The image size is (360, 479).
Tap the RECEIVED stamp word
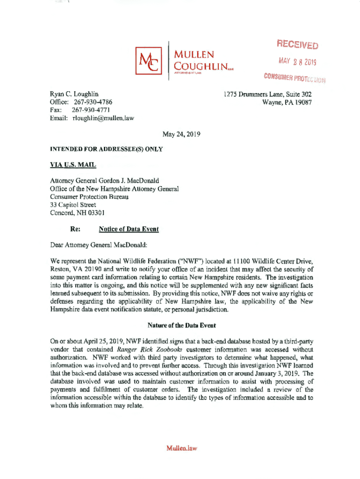[297, 44]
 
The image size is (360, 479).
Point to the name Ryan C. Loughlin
[74, 94]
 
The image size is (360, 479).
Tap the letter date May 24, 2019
[181, 134]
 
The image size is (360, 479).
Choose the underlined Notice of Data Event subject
[129, 229]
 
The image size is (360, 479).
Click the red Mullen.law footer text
[181, 448]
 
